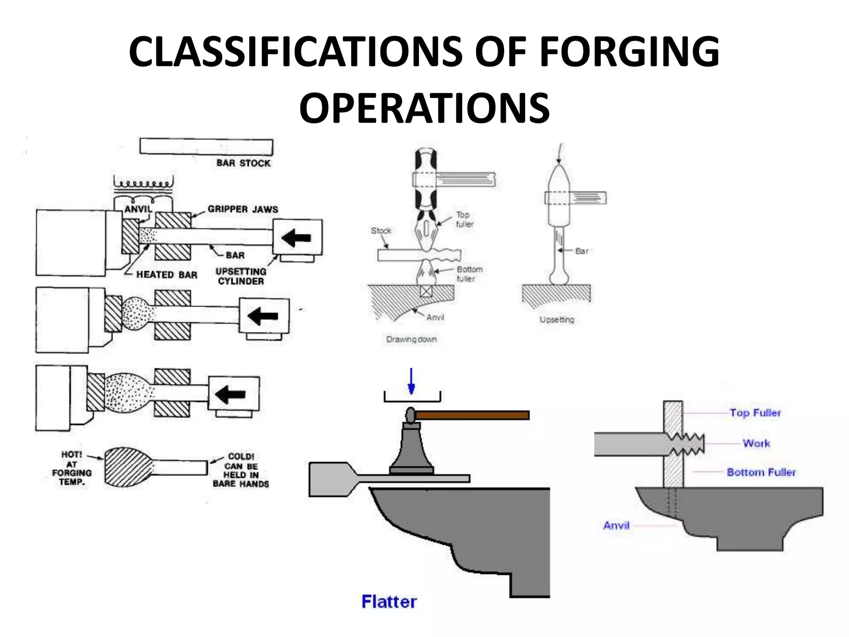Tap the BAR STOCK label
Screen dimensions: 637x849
click(243, 163)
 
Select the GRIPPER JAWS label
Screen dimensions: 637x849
click(243, 209)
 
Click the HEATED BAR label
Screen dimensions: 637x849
click(167, 275)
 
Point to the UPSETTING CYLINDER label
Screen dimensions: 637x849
click(241, 276)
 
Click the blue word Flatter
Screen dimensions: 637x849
click(389, 601)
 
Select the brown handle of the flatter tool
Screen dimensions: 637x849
click(473, 415)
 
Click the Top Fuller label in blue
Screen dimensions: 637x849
click(755, 413)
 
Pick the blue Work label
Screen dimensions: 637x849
click(756, 443)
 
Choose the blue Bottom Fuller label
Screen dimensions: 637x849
click(761, 472)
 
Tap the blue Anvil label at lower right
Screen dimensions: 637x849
click(616, 525)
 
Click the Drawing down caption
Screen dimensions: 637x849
click(411, 339)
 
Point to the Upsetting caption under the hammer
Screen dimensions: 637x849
click(557, 319)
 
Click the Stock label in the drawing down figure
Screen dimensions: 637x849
click(381, 231)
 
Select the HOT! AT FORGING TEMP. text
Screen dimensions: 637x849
click(72, 468)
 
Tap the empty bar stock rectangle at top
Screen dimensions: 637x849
click(206, 147)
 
